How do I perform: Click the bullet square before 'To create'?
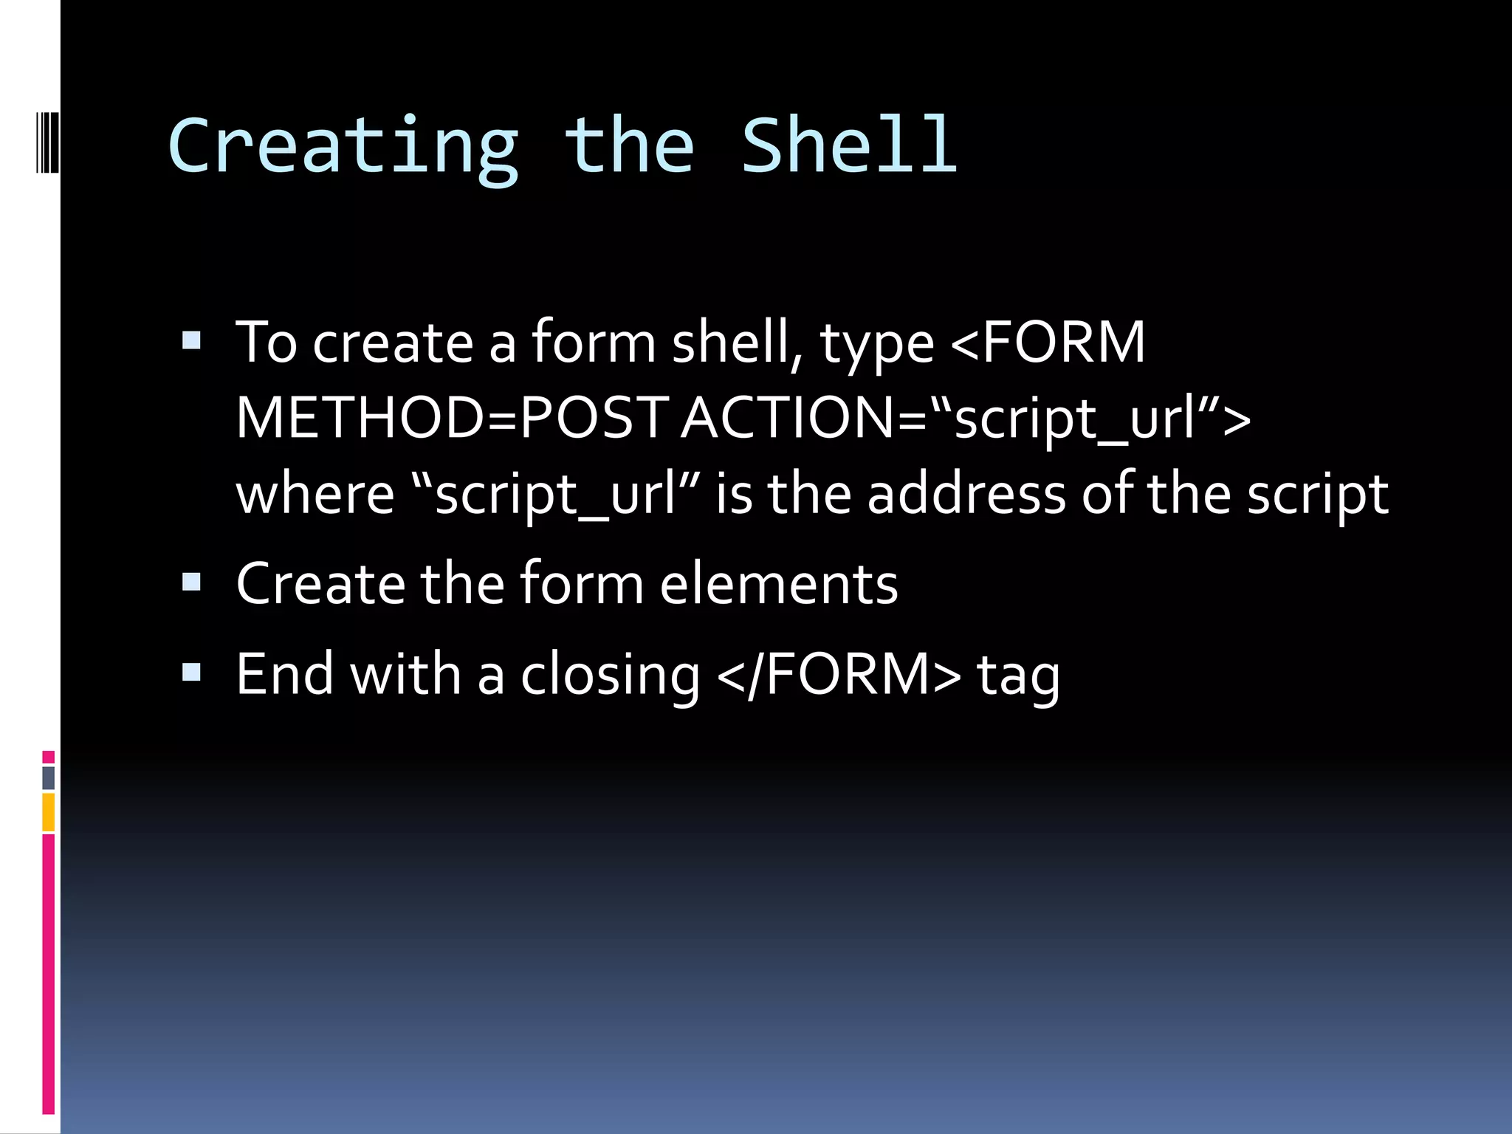[x=192, y=340]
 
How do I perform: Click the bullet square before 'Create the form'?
[x=192, y=583]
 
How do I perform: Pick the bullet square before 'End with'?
[x=192, y=673]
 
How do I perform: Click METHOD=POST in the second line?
[x=450, y=418]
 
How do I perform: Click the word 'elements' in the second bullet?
[x=779, y=583]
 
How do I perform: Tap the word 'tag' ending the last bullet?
[x=1019, y=676]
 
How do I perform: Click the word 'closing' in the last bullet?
[x=610, y=676]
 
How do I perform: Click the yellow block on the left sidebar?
[x=49, y=812]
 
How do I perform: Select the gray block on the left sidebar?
[x=49, y=777]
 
